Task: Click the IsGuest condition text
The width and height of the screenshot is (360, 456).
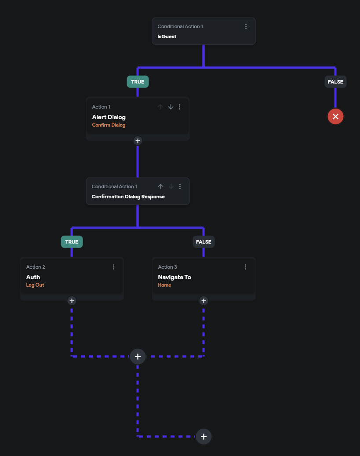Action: point(167,36)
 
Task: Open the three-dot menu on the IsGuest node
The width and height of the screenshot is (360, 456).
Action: point(246,26)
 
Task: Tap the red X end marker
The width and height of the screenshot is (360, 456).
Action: point(335,116)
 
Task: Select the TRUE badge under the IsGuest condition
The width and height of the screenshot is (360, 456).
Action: point(138,82)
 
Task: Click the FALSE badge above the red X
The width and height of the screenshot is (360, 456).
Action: point(335,82)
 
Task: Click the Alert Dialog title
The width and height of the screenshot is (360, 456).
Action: point(109,117)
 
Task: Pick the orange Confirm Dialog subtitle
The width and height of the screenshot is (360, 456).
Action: point(109,125)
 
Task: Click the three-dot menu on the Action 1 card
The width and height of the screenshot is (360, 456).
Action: point(179,107)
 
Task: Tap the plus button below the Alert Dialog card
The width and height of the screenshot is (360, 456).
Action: point(138,141)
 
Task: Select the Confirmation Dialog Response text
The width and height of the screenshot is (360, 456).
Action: point(128,197)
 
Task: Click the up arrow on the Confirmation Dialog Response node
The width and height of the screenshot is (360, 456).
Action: point(160,186)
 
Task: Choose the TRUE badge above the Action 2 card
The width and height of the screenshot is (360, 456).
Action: point(72,242)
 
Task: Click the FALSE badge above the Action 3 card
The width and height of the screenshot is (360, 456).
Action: point(204,242)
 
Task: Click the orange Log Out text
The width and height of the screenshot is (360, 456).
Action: point(35,285)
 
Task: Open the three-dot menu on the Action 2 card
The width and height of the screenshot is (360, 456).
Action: point(113,267)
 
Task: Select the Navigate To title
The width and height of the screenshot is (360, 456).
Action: point(175,277)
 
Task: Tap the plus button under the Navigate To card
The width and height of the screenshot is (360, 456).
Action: point(204,301)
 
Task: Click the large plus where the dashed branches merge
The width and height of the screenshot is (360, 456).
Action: point(138,356)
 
